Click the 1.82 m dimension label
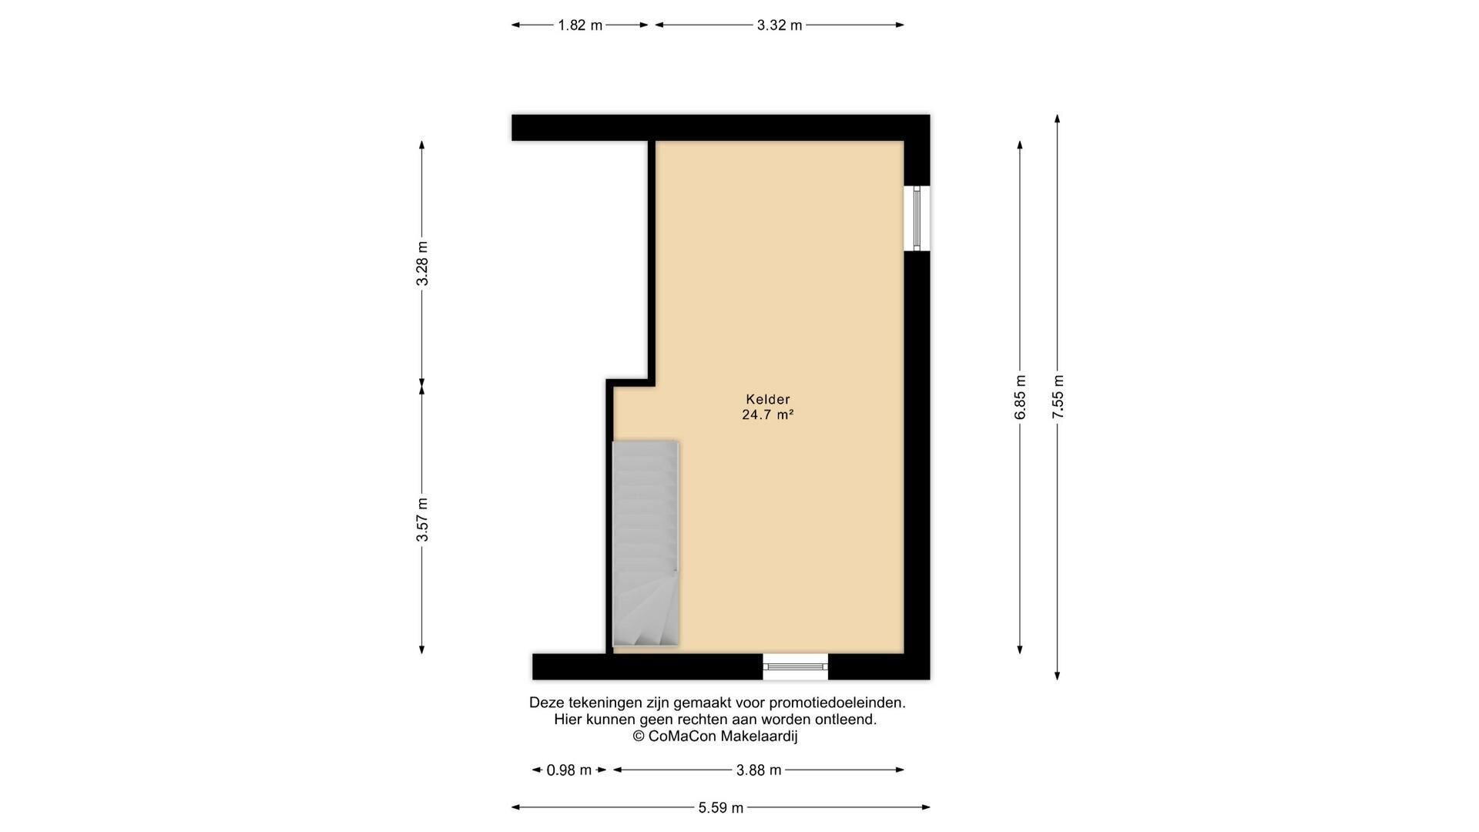[580, 25]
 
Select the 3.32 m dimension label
[780, 25]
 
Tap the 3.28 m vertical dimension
[422, 263]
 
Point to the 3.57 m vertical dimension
[422, 519]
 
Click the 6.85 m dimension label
[1021, 398]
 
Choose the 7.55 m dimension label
[1058, 398]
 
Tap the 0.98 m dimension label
[569, 770]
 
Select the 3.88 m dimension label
[759, 770]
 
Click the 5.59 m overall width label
[721, 808]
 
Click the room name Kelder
[768, 399]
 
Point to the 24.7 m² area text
[768, 414]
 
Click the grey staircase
[646, 543]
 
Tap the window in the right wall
[917, 219]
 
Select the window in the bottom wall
[796, 666]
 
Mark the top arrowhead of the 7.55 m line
[1058, 119]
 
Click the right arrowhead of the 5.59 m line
[926, 807]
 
